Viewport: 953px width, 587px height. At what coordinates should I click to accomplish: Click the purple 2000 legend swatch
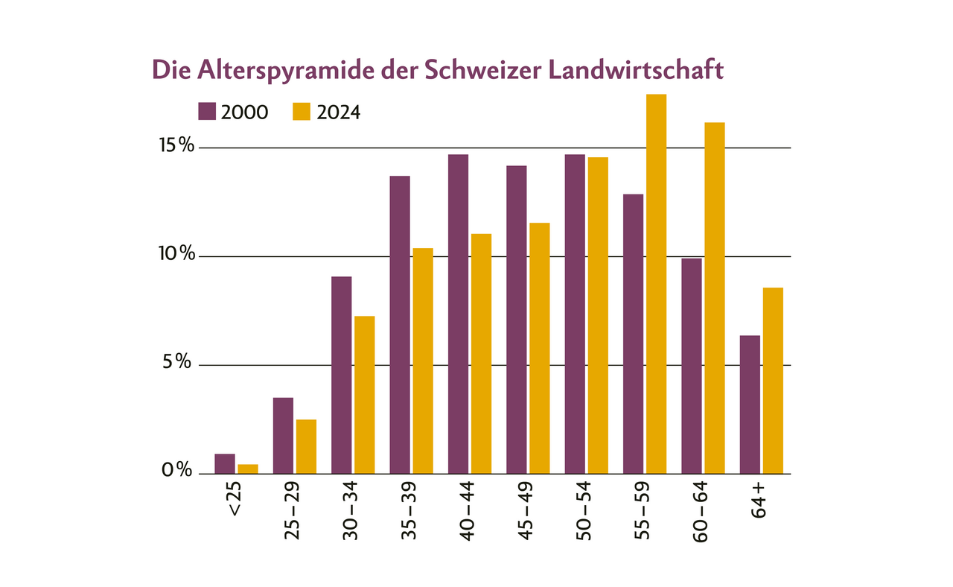coord(207,112)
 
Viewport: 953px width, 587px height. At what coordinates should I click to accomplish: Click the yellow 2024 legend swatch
coord(301,112)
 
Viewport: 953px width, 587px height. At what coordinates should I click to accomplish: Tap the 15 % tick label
coord(176,146)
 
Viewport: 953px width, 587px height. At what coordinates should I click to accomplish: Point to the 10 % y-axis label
coord(176,255)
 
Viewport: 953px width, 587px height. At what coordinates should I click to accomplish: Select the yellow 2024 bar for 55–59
coord(656,283)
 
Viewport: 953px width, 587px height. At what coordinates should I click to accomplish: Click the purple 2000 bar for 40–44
coord(458,314)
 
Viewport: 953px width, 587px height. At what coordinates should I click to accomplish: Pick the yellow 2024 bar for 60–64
coord(714,297)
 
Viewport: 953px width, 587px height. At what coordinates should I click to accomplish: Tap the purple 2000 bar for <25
coord(225,463)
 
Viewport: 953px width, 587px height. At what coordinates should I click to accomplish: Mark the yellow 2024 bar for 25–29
coord(306,446)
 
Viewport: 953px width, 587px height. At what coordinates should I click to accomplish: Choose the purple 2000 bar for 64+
coord(750,404)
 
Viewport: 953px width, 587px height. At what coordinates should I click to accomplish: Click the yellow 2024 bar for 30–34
coord(364,395)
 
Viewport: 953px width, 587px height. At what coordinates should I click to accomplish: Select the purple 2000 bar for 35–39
coord(400,324)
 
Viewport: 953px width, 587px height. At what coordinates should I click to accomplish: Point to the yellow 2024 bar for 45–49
coord(539,348)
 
